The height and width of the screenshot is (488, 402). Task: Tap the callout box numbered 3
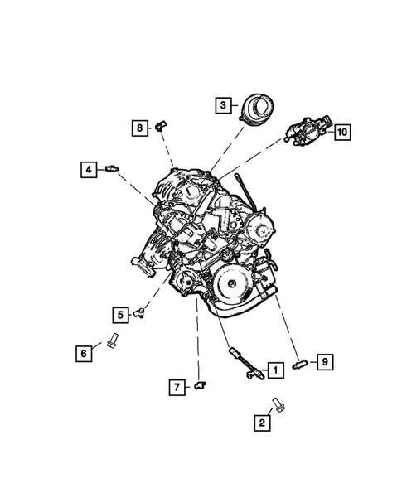[x=222, y=104]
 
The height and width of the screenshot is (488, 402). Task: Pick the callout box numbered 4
[x=87, y=169]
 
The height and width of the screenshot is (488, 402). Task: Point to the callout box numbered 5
[x=120, y=314]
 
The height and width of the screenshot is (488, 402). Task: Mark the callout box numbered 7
[x=177, y=386]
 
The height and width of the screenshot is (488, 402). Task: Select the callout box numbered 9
[x=325, y=361]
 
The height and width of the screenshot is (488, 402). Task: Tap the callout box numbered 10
[x=341, y=132]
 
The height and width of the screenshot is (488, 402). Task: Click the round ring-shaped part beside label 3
[x=258, y=109]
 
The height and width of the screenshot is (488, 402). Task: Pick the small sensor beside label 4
[x=109, y=169]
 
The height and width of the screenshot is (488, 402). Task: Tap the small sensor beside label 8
[x=160, y=125]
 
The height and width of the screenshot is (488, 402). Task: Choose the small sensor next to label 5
[x=141, y=311]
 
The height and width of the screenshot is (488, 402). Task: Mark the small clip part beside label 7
[x=201, y=384]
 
